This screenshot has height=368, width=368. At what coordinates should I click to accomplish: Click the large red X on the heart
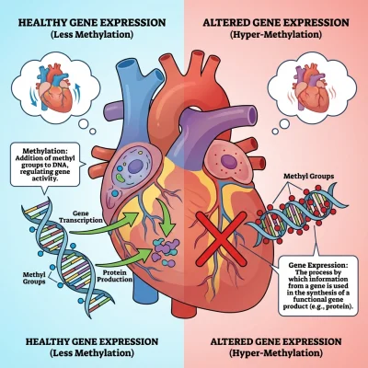point(221,238)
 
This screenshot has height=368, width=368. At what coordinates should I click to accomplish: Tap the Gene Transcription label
point(81,217)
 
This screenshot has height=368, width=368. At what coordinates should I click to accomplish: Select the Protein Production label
point(114,276)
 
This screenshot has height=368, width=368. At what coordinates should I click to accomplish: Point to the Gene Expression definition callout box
point(318,285)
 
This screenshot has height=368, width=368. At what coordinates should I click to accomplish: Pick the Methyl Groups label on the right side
point(308,177)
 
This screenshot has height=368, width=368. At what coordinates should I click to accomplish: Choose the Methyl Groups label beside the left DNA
point(34,278)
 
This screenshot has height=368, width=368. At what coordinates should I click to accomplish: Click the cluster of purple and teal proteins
point(165,251)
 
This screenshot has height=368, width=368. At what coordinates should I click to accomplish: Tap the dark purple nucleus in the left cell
point(135,167)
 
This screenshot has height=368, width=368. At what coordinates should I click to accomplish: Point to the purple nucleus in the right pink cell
point(227,161)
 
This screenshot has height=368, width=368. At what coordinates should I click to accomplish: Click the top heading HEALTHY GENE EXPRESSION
point(92,22)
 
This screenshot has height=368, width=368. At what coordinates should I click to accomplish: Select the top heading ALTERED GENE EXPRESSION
point(276,22)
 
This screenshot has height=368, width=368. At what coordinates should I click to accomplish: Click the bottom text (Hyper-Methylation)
point(276,353)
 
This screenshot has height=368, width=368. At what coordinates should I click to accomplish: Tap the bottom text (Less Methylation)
point(92,353)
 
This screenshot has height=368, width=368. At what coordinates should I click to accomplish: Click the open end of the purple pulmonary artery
point(252,115)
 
